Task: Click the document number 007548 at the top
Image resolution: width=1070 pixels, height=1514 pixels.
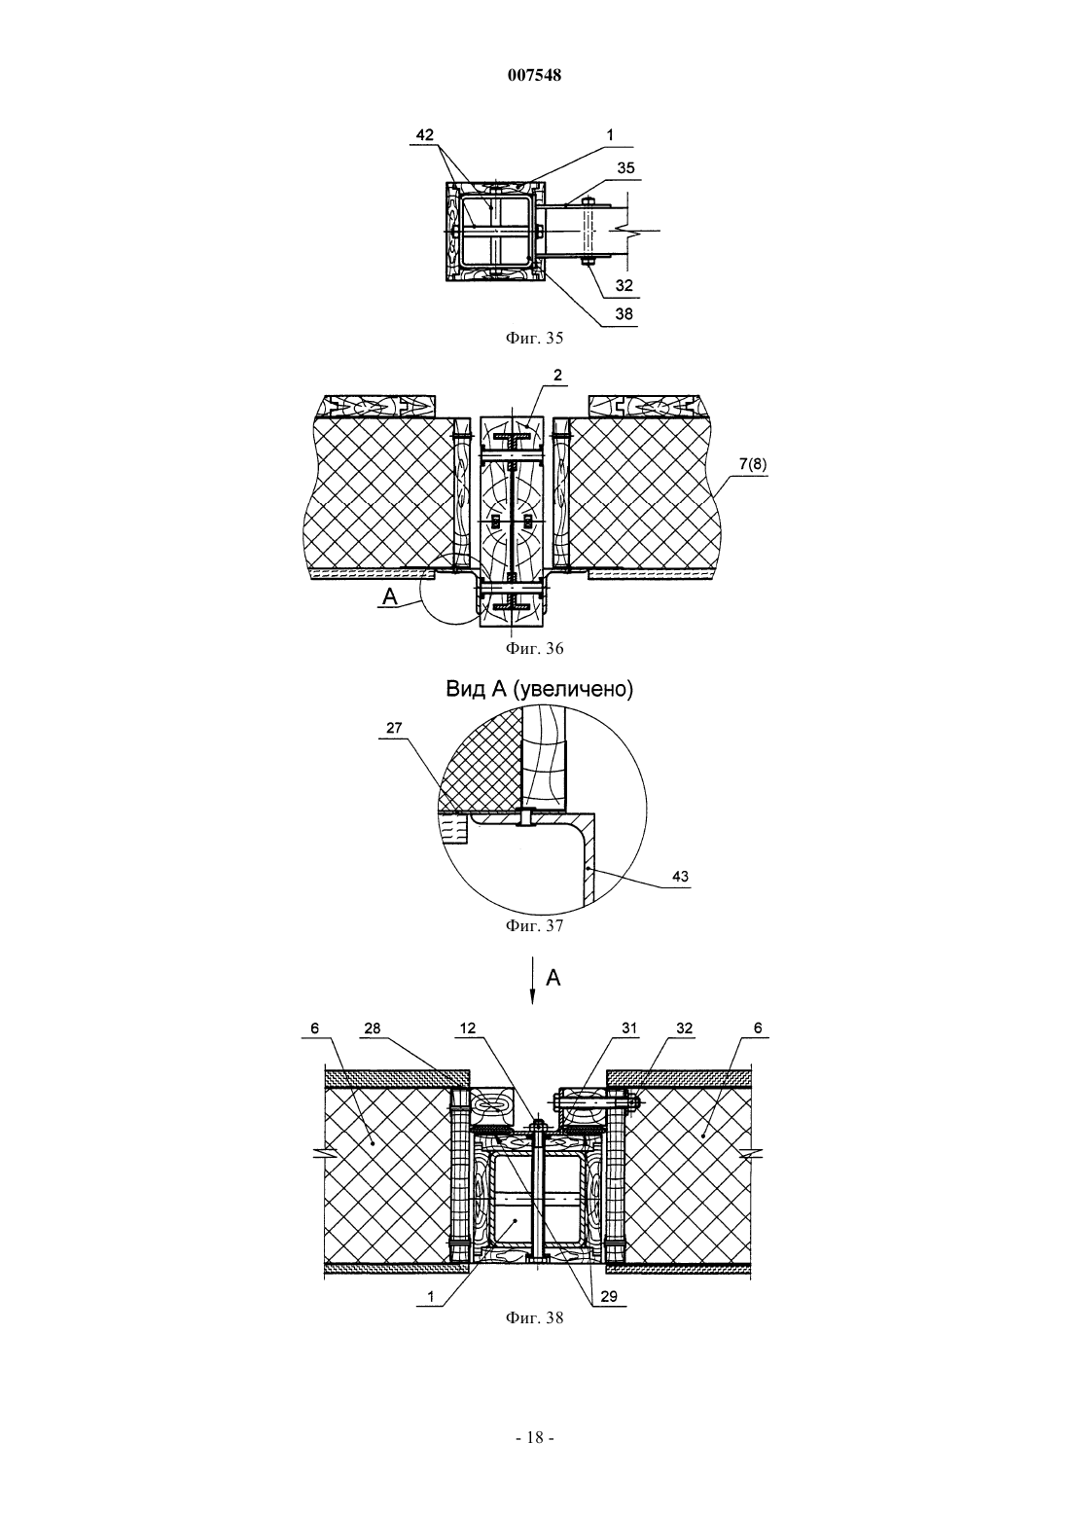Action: click(x=534, y=75)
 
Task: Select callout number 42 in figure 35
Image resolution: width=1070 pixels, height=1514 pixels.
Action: click(x=424, y=135)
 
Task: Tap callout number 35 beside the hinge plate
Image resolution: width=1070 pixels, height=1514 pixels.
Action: click(x=626, y=167)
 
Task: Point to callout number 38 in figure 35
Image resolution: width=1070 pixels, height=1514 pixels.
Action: click(x=624, y=313)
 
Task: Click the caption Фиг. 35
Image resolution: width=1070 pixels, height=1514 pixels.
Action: click(x=534, y=338)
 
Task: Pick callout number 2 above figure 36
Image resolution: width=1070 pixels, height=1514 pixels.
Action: click(x=557, y=376)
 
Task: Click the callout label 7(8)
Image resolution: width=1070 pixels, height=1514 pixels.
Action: click(x=753, y=464)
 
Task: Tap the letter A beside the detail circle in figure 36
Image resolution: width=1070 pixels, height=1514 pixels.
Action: click(x=390, y=596)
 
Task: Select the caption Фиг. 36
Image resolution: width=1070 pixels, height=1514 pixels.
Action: click(x=534, y=648)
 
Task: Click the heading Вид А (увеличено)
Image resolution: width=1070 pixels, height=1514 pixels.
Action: click(x=540, y=690)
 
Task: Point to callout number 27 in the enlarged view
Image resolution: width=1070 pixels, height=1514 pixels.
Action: click(x=394, y=728)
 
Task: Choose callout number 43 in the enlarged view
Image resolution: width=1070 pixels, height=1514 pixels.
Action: click(x=680, y=877)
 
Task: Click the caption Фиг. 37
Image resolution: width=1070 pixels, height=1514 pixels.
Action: click(x=534, y=925)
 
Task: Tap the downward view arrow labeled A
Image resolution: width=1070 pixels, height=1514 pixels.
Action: click(x=533, y=980)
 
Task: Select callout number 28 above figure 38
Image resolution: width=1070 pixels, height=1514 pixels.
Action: click(x=373, y=1028)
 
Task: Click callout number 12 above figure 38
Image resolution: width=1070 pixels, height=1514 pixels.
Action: click(x=468, y=1028)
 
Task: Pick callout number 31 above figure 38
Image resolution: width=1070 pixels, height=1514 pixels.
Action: click(x=629, y=1028)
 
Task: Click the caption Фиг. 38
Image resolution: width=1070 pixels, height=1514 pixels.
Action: click(x=534, y=1318)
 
